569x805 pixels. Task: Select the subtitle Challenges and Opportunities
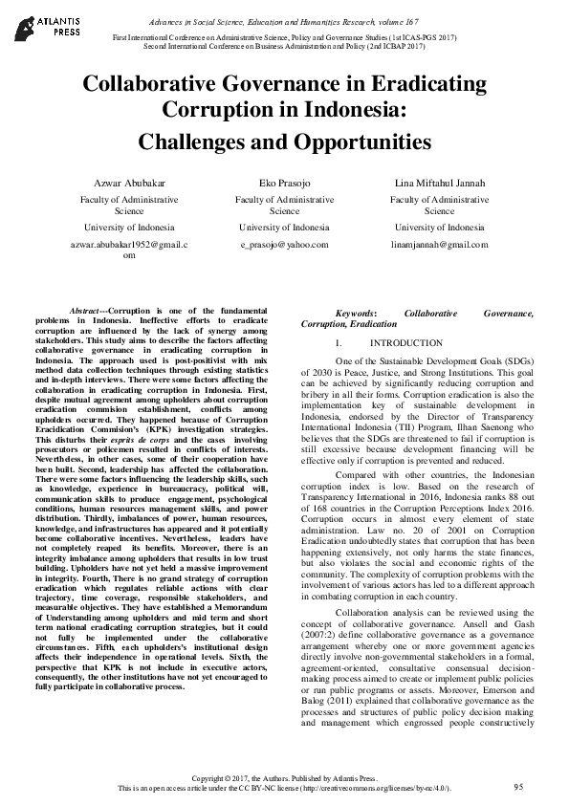284,142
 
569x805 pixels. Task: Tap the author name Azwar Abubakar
129,183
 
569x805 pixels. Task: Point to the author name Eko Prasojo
284,183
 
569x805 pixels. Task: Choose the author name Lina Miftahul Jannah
439,183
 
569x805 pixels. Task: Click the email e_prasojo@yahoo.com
284,245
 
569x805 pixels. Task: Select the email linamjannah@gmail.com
439,245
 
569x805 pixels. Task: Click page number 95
518,786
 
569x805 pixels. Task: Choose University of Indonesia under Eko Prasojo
284,228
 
